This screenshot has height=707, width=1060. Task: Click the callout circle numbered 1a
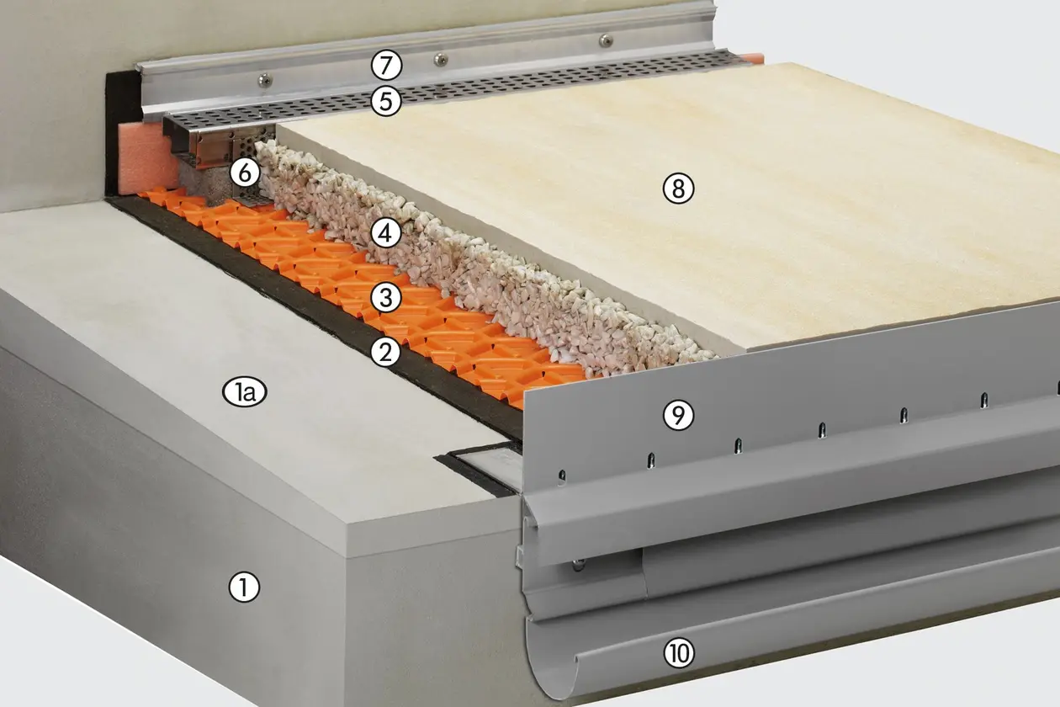[x=245, y=392]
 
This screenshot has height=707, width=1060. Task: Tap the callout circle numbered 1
[x=244, y=587]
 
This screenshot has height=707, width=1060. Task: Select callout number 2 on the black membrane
[x=386, y=353]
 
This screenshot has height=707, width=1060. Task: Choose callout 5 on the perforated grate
[x=386, y=102]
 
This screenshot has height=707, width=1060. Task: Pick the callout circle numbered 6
[x=245, y=173]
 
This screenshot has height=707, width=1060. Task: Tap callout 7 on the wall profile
[x=386, y=66]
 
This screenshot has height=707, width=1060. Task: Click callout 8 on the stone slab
[x=678, y=189]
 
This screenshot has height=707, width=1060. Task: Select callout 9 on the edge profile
[x=678, y=415]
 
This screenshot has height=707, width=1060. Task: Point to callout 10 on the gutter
[x=679, y=653]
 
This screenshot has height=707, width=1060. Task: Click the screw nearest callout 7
[x=441, y=60]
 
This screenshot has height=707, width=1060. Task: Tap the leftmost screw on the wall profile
[x=264, y=81]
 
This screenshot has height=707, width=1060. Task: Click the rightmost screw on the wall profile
[x=606, y=40]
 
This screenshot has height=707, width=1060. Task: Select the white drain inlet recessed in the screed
[x=492, y=470]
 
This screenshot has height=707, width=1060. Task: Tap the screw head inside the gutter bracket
[x=577, y=564]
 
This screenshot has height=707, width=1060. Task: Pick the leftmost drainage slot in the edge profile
[x=561, y=476]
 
